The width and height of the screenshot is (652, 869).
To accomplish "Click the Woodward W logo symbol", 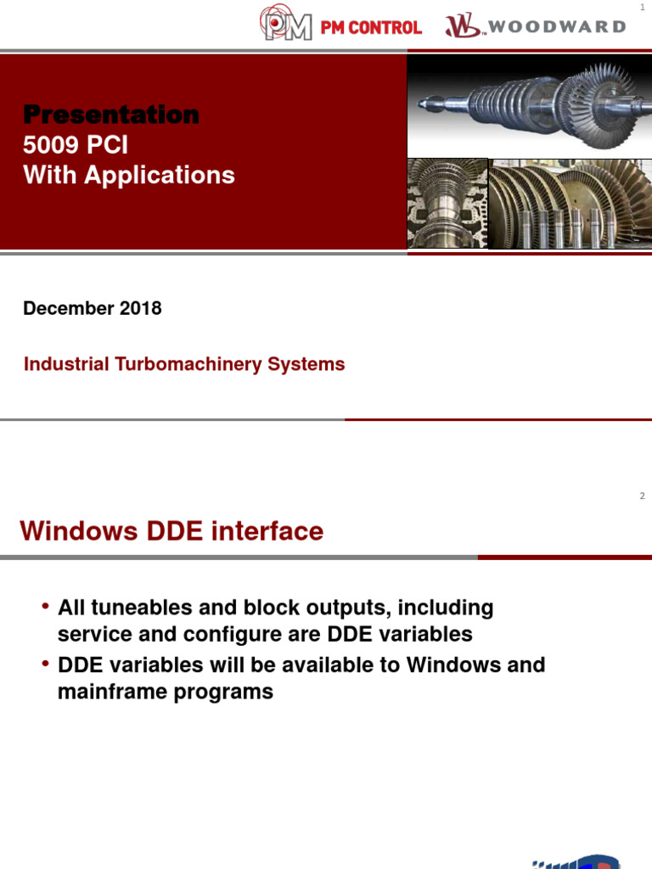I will pos(463,26).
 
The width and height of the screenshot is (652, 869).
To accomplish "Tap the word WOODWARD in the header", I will pos(557,26).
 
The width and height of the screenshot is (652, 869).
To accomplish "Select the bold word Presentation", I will pos(111,115).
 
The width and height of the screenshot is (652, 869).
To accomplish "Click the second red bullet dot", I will pos(45,664).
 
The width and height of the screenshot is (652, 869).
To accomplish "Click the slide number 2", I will pos(643,496).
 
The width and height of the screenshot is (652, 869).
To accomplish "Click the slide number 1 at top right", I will pos(643,8).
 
